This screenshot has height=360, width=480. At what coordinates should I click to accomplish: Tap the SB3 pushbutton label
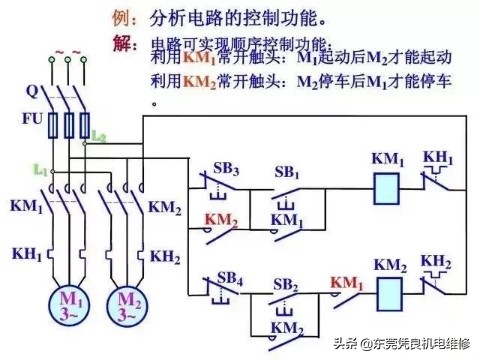point(229,170)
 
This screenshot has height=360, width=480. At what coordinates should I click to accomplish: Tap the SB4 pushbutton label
point(229,277)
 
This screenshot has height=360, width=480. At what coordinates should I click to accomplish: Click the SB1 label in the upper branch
point(288,170)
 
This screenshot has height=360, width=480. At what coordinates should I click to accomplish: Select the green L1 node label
point(40,171)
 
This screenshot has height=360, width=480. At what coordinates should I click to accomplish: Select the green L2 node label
point(98,135)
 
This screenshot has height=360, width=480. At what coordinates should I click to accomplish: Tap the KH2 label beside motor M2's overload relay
point(165,257)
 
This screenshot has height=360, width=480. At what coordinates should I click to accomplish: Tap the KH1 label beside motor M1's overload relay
point(27,254)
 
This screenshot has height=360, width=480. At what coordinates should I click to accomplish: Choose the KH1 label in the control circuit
point(438,157)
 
